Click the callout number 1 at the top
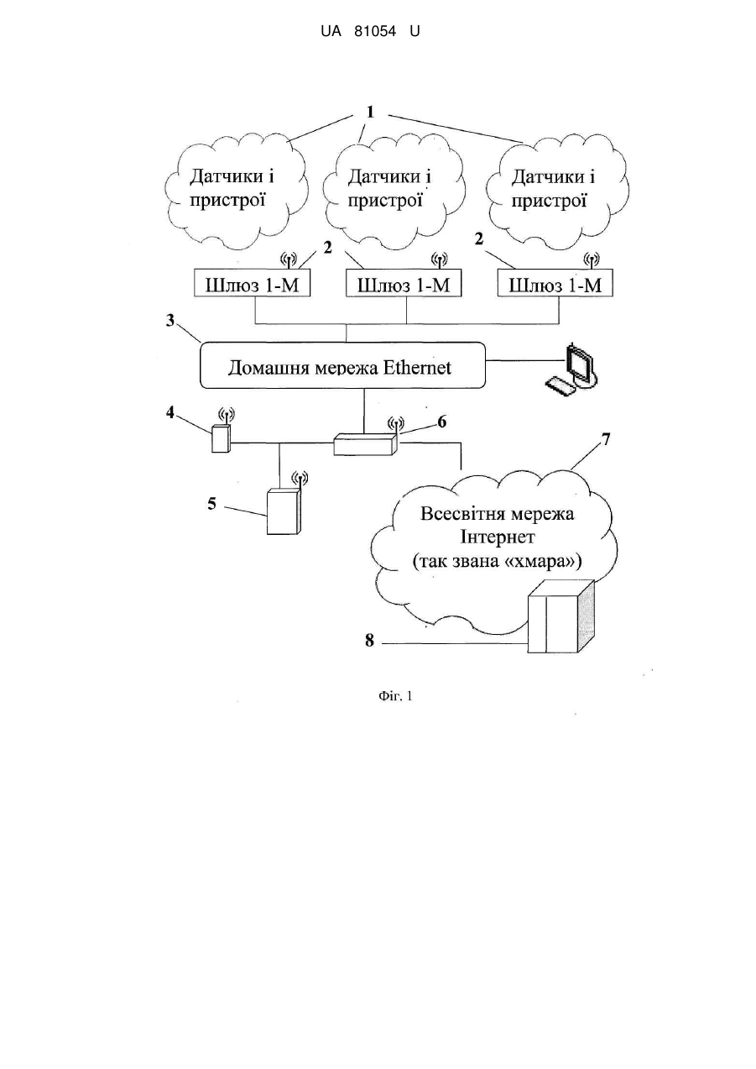370,113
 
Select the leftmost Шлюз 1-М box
253,284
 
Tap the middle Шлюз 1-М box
404,284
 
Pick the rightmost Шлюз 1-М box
555,284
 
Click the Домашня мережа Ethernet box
342,365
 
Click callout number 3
170,321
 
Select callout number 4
170,412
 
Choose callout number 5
211,504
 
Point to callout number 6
441,422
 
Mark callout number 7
606,439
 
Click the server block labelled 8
561,616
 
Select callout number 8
370,641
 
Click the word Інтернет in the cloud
497,537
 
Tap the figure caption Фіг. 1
395,696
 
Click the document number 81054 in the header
375,32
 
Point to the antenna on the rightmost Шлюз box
592,261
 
